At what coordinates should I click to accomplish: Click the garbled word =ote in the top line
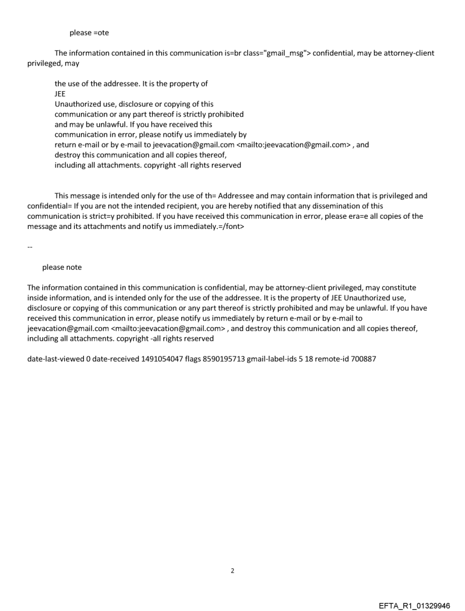101,32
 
